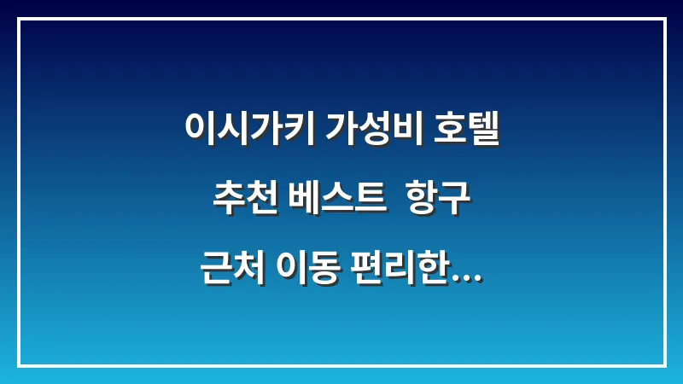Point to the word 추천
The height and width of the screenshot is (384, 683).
(x=242, y=201)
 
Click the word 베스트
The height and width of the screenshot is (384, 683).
(x=334, y=201)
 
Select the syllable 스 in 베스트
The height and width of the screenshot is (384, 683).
(x=334, y=201)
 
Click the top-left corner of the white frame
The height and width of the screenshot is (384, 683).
(x=19, y=19)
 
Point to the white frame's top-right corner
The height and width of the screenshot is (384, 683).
(x=664, y=19)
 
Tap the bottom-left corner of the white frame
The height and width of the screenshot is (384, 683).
(x=19, y=365)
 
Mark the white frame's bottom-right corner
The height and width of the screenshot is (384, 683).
(x=664, y=365)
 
